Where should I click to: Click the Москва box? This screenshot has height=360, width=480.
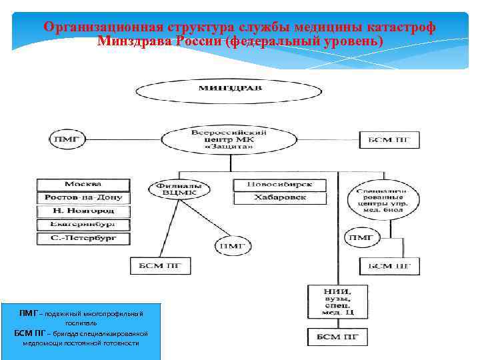coord(83,184)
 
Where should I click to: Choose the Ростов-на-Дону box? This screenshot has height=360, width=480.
coord(83,197)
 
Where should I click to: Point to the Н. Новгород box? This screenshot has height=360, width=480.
coord(83,211)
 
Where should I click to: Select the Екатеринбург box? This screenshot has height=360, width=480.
coord(83,224)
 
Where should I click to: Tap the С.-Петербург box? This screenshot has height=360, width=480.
coord(83,237)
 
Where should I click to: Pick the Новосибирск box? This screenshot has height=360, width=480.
coord(279,185)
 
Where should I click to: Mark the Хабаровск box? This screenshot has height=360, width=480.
coord(279,197)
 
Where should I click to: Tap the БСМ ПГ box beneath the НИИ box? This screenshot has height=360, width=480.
coord(337,337)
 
